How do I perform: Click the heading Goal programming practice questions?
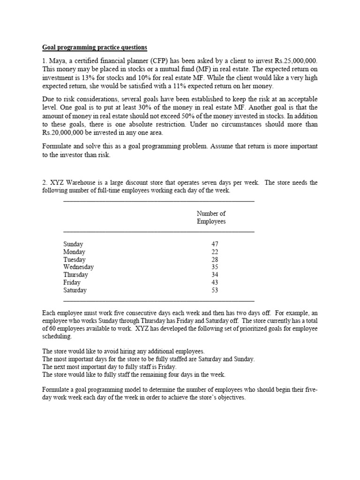click(x=95, y=47)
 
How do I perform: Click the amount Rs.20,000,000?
click(x=66, y=132)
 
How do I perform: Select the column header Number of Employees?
click(x=211, y=217)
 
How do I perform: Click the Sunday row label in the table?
click(x=73, y=244)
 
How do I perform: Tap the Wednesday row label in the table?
click(x=78, y=267)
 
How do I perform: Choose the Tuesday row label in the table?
click(x=75, y=260)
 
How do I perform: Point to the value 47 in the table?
click(x=215, y=244)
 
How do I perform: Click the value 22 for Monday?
click(x=215, y=252)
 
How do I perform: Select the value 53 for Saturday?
click(x=215, y=290)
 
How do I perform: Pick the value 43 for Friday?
click(x=215, y=283)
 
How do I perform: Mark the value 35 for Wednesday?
click(x=215, y=267)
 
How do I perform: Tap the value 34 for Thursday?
click(x=215, y=275)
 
